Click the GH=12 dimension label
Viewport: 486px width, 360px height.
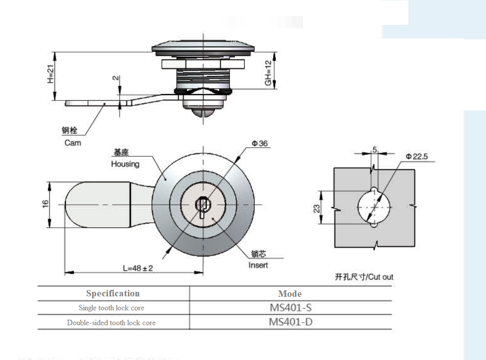pos(268,74)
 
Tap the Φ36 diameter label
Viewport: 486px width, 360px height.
pos(260,144)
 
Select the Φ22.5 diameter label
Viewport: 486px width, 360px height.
pos(416,157)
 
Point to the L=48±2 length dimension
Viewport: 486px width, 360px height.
pos(137,268)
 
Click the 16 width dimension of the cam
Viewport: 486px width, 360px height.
pos(45,204)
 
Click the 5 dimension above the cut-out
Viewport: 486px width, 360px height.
pos(375,149)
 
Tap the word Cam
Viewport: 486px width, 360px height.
pos(73,143)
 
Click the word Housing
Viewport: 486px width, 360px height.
pos(125,164)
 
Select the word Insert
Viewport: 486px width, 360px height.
pos(258,265)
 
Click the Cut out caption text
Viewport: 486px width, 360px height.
pos(364,277)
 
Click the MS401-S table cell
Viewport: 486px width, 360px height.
pos(291,307)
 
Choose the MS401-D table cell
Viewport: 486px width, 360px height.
pos(291,322)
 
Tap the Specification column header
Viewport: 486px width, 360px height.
pos(113,293)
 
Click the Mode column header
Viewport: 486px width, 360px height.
pos(290,294)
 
